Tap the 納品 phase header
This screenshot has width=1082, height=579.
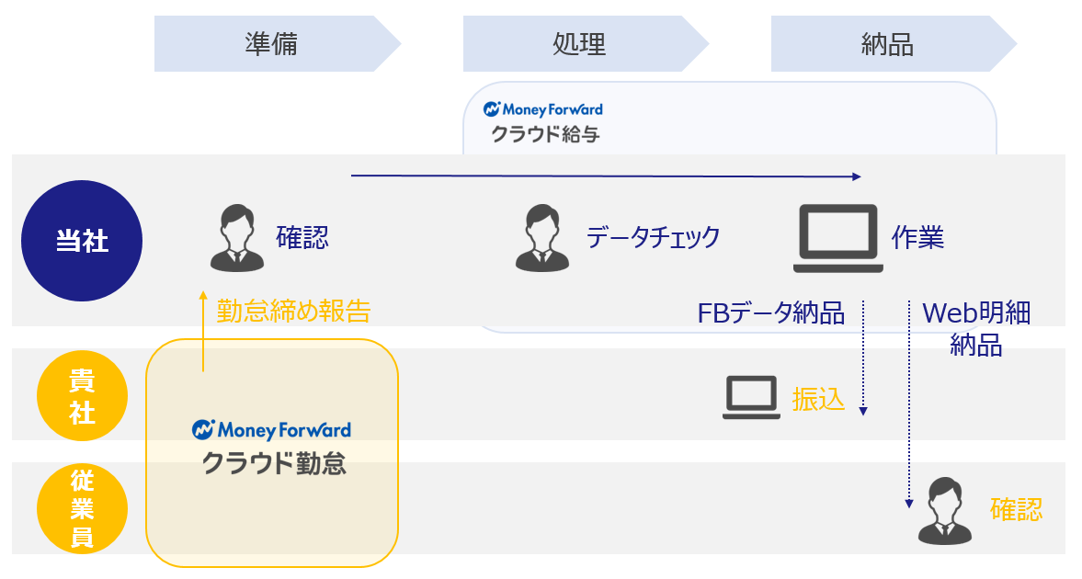(x=887, y=43)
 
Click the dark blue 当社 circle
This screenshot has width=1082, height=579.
(x=82, y=241)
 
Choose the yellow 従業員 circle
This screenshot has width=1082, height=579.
(x=82, y=508)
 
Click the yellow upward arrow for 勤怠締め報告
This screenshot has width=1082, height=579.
(x=202, y=331)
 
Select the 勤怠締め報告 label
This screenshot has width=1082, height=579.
(x=293, y=312)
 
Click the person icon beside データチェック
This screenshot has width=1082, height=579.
(x=542, y=238)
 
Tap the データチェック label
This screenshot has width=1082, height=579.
(x=653, y=238)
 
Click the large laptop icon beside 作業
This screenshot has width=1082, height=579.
(x=837, y=238)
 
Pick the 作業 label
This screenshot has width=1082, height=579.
(x=917, y=238)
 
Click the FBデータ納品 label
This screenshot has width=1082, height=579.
(x=770, y=313)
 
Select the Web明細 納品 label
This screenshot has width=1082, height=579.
(x=975, y=329)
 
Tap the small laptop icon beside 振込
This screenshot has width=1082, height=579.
(x=752, y=398)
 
